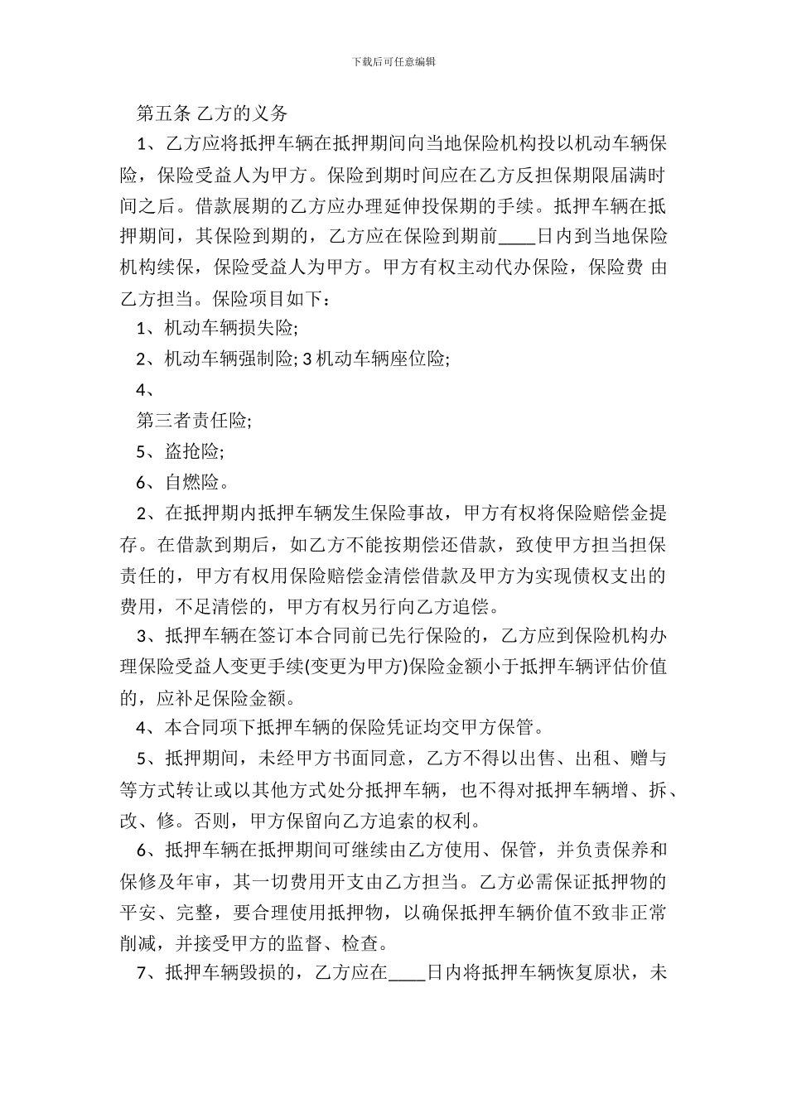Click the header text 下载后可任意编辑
click(x=393, y=61)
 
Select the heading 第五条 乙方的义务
click(x=212, y=113)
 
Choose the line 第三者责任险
click(x=194, y=421)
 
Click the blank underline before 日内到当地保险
click(x=519, y=237)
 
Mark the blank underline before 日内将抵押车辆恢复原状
click(x=406, y=973)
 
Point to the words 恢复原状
click(x=599, y=973)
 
